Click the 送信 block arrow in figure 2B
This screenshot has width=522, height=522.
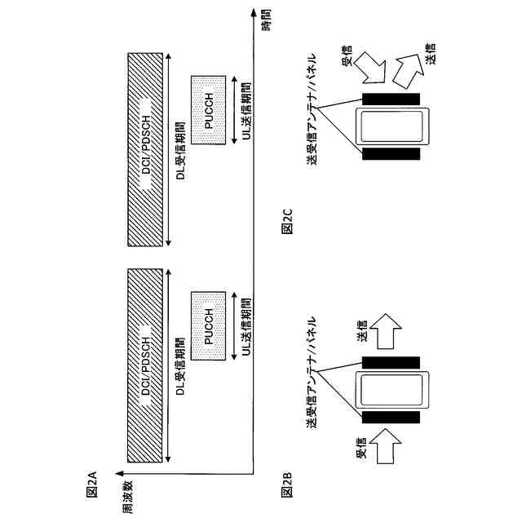click(388, 327)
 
